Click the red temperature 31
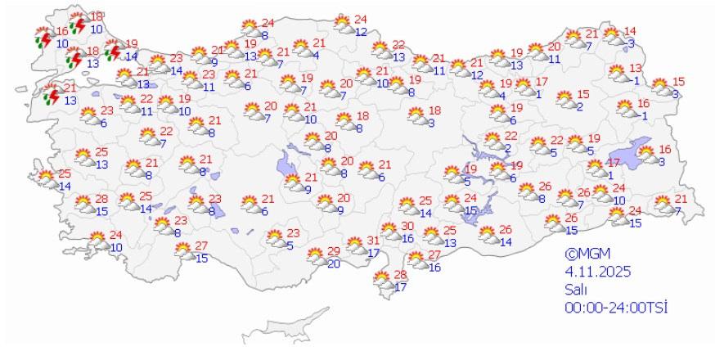[373, 241]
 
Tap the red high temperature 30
[407, 227]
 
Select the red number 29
[333, 251]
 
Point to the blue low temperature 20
[333, 263]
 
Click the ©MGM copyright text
[587, 254]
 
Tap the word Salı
[573, 290]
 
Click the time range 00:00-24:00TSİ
[616, 307]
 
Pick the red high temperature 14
[629, 32]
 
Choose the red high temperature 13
[635, 68]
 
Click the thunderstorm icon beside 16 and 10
[43, 36]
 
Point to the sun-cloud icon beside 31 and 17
[354, 245]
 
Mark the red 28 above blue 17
[400, 275]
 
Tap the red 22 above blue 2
[510, 136]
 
